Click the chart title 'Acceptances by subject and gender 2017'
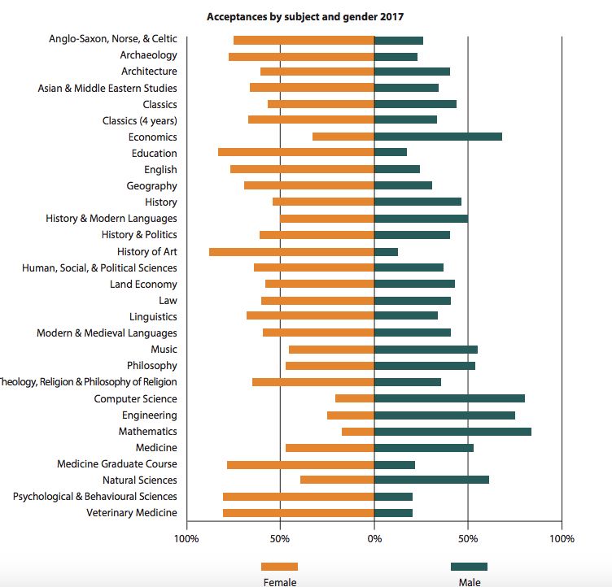305,17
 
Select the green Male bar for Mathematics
452,432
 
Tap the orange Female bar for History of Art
291,252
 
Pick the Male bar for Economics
439,137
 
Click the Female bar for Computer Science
355,398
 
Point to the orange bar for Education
296,152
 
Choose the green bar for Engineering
445,415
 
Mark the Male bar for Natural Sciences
431,480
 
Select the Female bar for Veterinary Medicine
299,513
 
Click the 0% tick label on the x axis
374,539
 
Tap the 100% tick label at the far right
562,539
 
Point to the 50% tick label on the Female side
280,539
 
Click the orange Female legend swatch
279,567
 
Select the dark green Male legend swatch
469,567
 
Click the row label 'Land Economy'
143,285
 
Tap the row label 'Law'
168,300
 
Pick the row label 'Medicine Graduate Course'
117,463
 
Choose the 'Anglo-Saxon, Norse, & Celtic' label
113,38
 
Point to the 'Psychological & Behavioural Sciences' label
95,497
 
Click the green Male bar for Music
426,350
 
